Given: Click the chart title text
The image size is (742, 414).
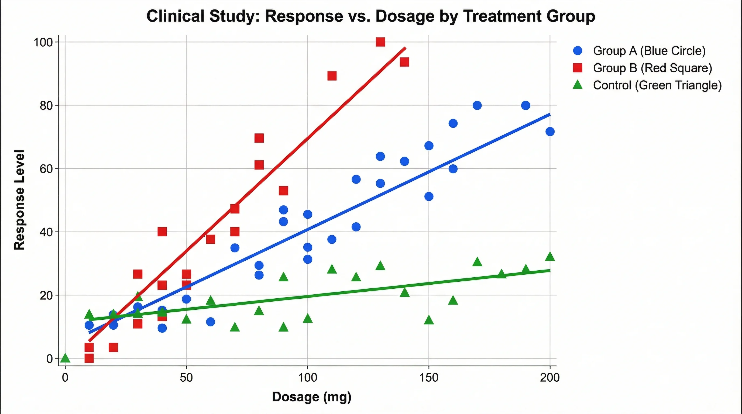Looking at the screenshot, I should (x=371, y=16).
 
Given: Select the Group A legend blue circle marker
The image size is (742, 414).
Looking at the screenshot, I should (x=578, y=51).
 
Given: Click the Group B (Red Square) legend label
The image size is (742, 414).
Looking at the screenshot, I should (x=652, y=68).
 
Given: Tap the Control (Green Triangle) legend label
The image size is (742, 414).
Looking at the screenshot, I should (x=657, y=85).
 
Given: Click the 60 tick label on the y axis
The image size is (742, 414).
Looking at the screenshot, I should (x=46, y=169).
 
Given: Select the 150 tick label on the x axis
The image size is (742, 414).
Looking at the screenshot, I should (x=429, y=377).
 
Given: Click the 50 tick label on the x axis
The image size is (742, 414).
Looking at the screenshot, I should (x=186, y=377).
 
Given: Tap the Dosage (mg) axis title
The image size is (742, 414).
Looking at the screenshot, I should (x=312, y=397).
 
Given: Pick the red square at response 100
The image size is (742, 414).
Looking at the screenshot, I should (x=380, y=42).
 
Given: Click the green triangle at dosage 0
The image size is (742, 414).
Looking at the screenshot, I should (x=66, y=358).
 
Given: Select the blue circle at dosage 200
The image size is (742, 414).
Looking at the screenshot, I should (x=550, y=132).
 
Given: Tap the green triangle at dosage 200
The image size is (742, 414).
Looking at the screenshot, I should (x=550, y=256).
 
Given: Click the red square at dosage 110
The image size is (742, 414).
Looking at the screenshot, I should (x=332, y=76).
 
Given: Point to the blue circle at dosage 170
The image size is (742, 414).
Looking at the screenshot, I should (x=477, y=105).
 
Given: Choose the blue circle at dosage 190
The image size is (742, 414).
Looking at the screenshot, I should (x=525, y=105).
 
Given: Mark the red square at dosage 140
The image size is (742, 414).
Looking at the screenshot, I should (x=404, y=62).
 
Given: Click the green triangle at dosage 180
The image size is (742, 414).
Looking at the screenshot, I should (x=501, y=274).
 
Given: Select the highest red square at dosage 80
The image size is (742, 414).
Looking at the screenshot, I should (x=259, y=138).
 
